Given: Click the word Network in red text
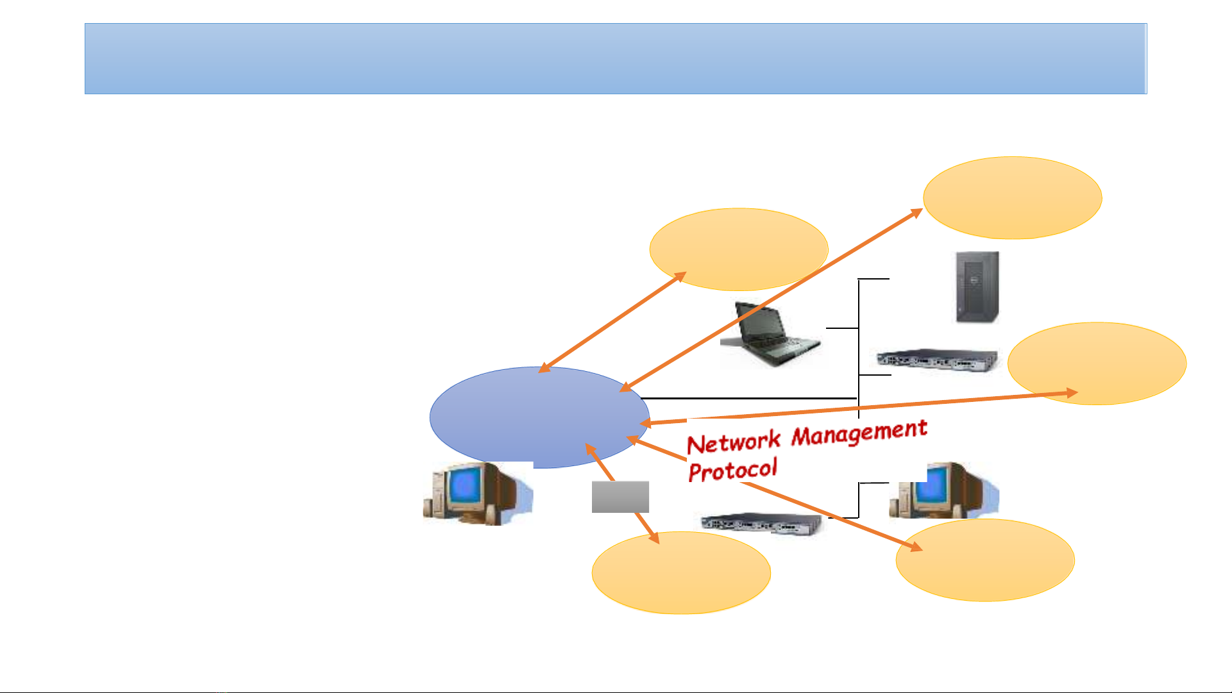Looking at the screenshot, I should (734, 442).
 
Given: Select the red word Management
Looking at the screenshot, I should (859, 433).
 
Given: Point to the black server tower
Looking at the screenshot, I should (977, 287).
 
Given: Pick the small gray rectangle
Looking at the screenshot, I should (620, 497).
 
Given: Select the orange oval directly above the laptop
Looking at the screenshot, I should (739, 249).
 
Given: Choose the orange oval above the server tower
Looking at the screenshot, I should (1012, 198).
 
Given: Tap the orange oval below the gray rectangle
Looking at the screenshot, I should (681, 572).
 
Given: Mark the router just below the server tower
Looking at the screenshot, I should (938, 360).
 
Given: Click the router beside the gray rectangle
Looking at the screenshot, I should (762, 523).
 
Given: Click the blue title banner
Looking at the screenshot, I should (616, 59).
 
